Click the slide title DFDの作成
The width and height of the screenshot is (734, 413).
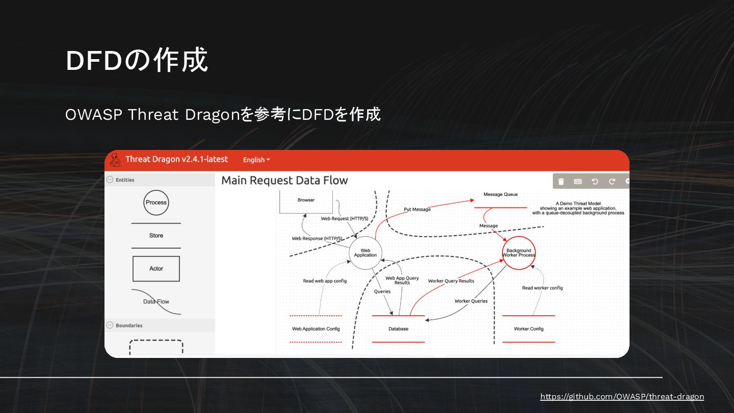(x=137, y=61)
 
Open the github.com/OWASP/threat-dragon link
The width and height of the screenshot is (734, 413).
(x=622, y=397)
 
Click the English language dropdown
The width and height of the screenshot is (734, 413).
(x=256, y=160)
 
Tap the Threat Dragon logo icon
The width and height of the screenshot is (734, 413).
(x=115, y=160)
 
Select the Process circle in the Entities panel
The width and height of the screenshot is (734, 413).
(x=156, y=202)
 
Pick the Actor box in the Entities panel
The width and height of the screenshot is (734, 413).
(x=156, y=269)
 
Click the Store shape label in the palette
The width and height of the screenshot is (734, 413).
(x=156, y=236)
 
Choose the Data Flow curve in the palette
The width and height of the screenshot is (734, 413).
(x=156, y=301)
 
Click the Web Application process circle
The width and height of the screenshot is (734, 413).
(x=365, y=253)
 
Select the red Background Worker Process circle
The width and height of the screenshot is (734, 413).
(x=519, y=253)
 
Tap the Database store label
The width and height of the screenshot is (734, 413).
(x=398, y=329)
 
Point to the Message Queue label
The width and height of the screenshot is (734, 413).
(x=501, y=194)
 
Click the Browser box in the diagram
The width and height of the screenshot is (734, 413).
(x=306, y=200)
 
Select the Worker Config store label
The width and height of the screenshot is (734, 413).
(x=529, y=329)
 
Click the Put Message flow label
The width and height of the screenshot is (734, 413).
(x=417, y=210)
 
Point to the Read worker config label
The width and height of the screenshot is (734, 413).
(x=542, y=288)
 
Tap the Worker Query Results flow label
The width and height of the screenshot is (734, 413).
(x=451, y=281)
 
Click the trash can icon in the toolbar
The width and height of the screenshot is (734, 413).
(x=561, y=182)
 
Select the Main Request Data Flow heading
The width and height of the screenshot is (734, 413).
(x=284, y=180)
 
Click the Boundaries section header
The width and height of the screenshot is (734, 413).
(x=129, y=325)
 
